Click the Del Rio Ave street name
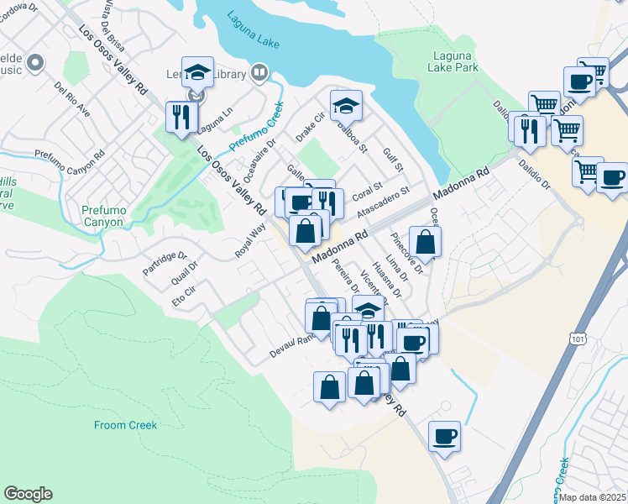pos(72,98)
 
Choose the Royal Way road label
pos(250,239)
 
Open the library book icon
pos(259,73)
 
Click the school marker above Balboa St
pos(345,106)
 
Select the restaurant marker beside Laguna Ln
pos(181,117)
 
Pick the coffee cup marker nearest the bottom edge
pos(445,436)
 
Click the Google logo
pos(29,493)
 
